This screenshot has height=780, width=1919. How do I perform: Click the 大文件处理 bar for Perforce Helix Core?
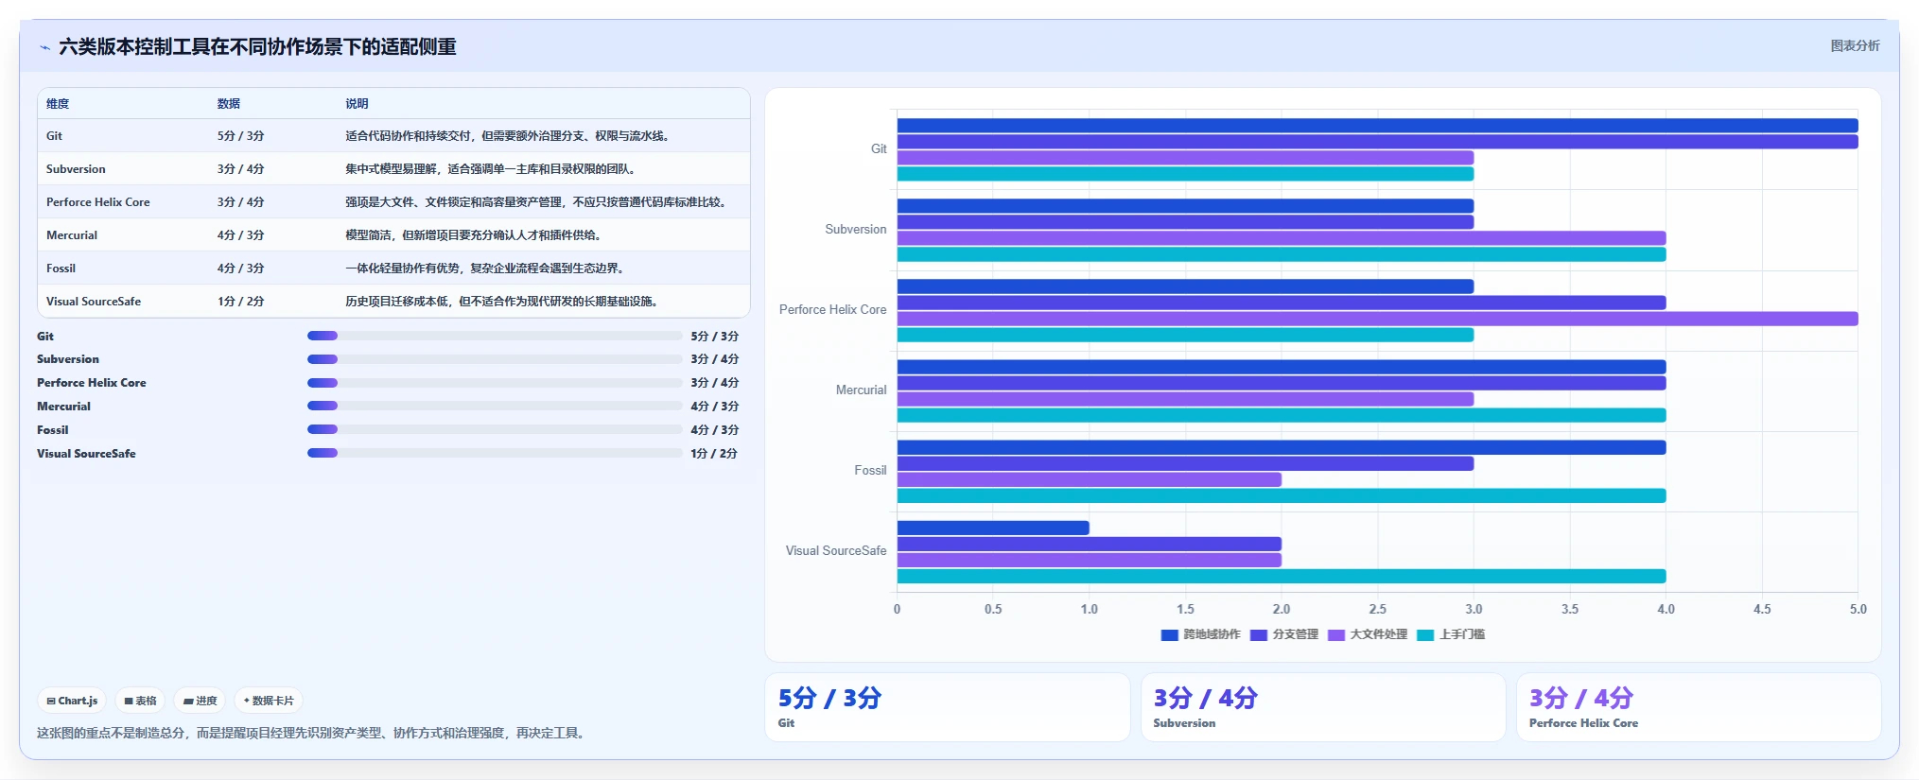[x=1377, y=319]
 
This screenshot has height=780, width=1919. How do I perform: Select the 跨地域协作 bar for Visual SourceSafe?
[x=993, y=528]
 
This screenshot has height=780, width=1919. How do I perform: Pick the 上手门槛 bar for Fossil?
[x=1282, y=495]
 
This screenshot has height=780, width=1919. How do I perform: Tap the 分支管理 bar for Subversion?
[x=1185, y=222]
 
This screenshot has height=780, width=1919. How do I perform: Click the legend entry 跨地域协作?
[x=1200, y=634]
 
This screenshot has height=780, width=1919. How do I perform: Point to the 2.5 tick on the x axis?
[x=1378, y=609]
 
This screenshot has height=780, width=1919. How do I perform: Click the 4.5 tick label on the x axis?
[x=1762, y=609]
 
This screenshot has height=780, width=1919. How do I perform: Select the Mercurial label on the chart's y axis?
[x=861, y=390]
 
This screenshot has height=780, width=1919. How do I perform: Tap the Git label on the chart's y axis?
[x=879, y=148]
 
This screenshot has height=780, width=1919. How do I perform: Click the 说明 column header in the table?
[x=357, y=104]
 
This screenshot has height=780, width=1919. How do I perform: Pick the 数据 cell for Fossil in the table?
[x=240, y=269]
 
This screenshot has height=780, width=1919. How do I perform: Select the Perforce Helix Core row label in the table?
[x=98, y=202]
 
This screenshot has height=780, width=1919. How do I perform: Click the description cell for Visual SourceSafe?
[x=501, y=302]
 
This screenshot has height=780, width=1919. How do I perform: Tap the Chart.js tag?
[x=72, y=701]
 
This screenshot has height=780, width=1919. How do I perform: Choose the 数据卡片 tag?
[x=269, y=701]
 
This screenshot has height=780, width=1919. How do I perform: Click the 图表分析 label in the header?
[x=1855, y=45]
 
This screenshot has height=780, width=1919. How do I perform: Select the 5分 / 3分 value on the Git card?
[x=829, y=698]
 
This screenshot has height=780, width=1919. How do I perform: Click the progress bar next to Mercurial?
[x=495, y=406]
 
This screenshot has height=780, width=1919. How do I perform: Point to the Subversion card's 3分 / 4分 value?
[x=1205, y=698]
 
